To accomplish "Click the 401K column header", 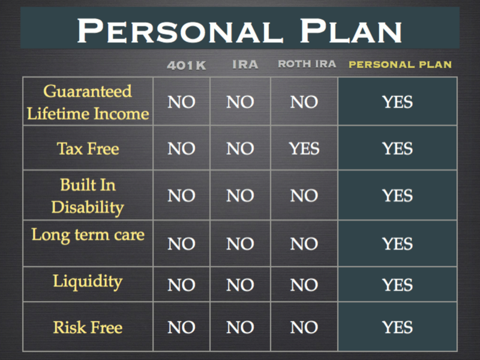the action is pos(187,65).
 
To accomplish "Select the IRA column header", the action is pos(245,65).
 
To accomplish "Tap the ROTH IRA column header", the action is pos(307,64).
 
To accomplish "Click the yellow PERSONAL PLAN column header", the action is pos(400,64).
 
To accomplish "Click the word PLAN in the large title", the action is pos(351,31).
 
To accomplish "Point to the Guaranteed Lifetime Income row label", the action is pos(88,102).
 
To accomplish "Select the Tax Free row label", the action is pos(88,149).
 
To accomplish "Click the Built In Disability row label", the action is pos(88,196).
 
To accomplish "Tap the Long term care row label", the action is pos(88,235).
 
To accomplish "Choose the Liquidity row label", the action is pos(88,281).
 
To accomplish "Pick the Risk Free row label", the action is pos(88,327).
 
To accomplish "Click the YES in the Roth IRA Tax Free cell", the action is pos(304,149).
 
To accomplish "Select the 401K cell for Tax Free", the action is pos(181,149).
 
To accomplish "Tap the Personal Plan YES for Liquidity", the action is pos(397,285).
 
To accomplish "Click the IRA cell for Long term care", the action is pos(241,244).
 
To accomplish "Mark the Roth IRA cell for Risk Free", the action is pos(304,327).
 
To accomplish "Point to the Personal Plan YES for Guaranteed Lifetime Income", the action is pos(397,102).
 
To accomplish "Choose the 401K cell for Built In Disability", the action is pos(181,196).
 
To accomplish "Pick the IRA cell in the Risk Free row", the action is pos(241,327).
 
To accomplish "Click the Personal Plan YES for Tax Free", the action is pos(397,149).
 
